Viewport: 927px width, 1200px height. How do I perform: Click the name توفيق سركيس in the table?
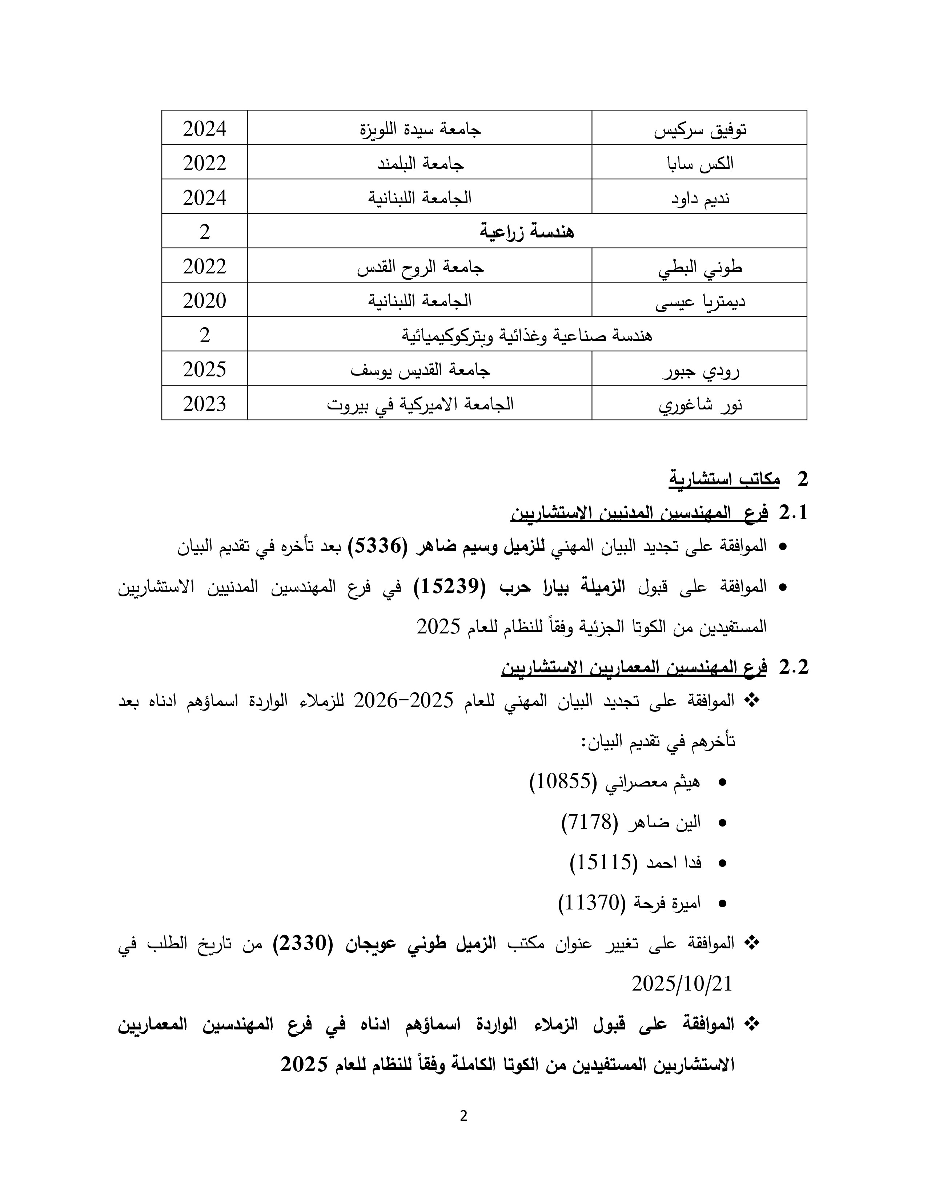click(700, 130)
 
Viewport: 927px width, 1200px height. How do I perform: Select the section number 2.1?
click(794, 513)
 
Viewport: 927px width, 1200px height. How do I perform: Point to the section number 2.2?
click(794, 667)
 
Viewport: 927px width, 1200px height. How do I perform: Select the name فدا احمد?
click(674, 863)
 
